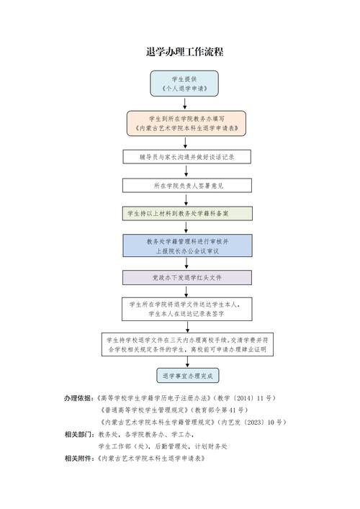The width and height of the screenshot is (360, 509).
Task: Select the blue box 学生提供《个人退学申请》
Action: [x=185, y=84]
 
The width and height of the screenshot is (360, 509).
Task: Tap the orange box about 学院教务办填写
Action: [x=186, y=123]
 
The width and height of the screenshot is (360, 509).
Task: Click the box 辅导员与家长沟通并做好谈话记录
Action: [x=187, y=156]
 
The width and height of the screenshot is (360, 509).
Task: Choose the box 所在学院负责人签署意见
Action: [x=187, y=185]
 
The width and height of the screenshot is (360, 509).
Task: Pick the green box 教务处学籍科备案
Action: [x=187, y=214]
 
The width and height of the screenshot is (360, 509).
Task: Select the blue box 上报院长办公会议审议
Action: [x=187, y=246]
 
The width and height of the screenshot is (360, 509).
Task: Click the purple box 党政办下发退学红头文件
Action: [x=187, y=277]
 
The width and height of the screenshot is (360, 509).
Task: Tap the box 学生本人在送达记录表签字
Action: [x=187, y=309]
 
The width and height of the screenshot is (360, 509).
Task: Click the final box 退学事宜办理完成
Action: [x=187, y=376]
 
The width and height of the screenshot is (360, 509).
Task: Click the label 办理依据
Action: [x=79, y=398]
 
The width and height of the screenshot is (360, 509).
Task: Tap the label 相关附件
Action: [x=79, y=458]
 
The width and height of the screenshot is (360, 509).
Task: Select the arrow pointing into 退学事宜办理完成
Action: [x=187, y=363]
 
